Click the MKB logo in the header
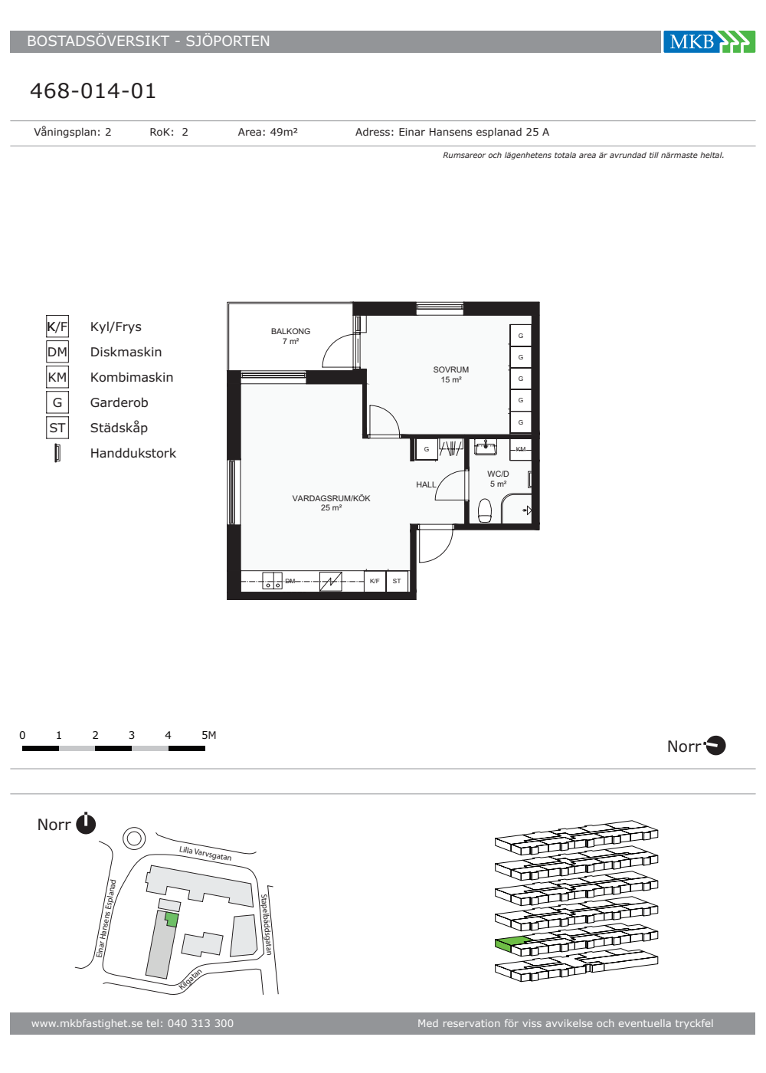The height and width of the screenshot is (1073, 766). [709, 41]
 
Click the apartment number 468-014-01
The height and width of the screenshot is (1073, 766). [93, 91]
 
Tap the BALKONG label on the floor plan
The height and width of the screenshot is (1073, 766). [290, 331]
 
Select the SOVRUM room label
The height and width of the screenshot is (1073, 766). [451, 369]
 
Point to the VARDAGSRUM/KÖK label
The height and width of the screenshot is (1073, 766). [331, 498]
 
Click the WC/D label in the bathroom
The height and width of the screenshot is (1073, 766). [498, 474]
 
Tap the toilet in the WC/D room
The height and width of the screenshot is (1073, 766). [485, 510]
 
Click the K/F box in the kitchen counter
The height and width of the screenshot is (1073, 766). [375, 581]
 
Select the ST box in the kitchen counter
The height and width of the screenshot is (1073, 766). [397, 581]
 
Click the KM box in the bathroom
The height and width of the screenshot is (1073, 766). [520, 449]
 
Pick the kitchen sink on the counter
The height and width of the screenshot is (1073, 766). [273, 581]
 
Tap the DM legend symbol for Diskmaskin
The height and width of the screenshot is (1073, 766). [57, 352]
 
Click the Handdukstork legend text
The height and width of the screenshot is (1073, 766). [133, 453]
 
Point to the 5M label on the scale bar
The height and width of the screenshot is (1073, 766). [208, 735]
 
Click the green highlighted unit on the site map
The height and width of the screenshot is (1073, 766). [172, 920]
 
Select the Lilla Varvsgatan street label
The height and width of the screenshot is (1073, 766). [205, 853]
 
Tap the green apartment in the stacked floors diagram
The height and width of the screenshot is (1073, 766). [512, 943]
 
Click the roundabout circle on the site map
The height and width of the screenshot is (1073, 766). [134, 838]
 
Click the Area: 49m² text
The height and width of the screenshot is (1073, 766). [267, 132]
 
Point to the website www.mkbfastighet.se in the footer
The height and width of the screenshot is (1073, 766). [87, 1023]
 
